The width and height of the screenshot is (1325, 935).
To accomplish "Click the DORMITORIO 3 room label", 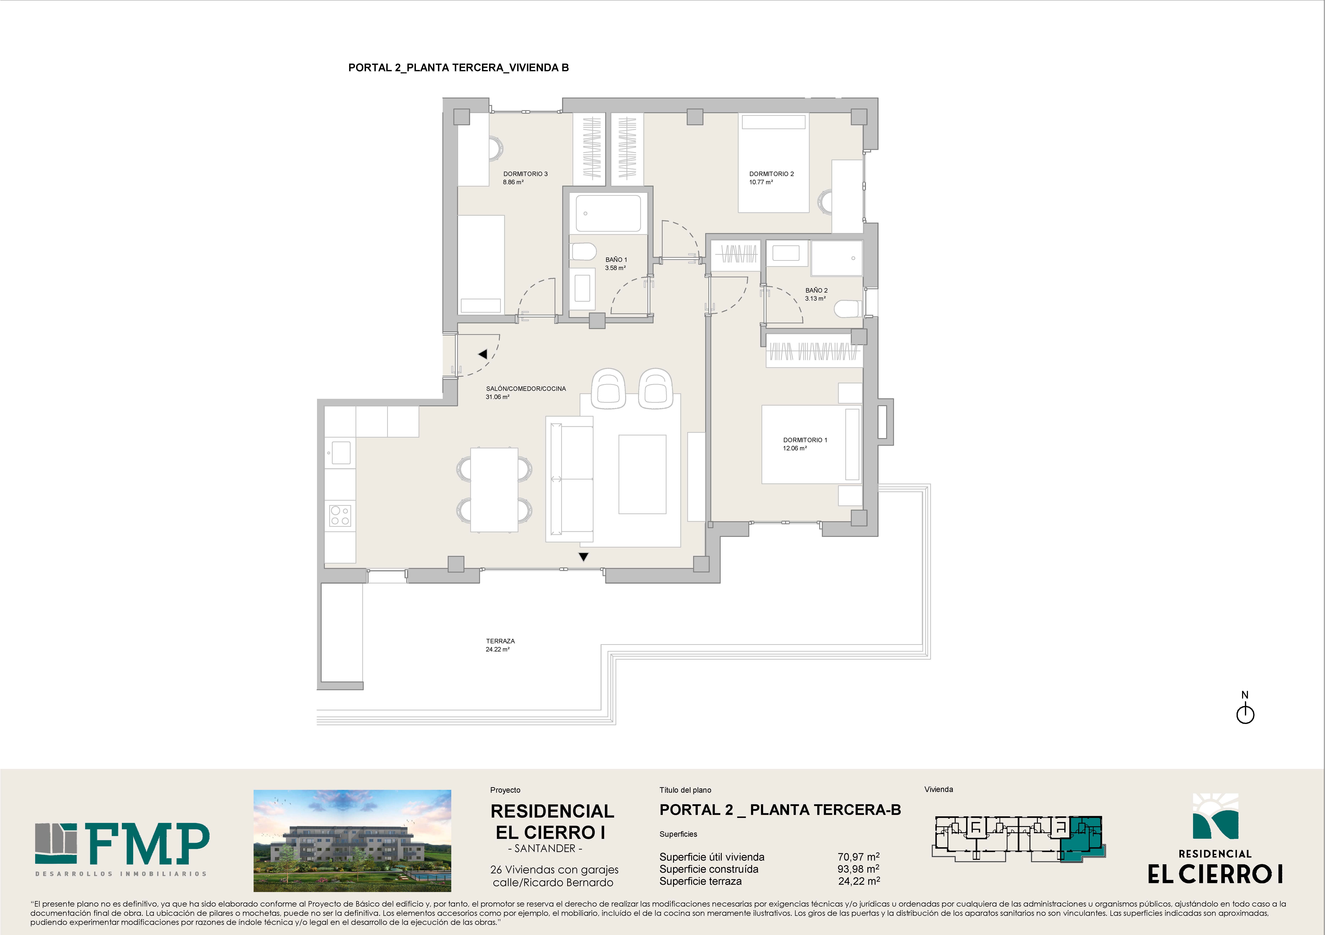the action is (x=525, y=174).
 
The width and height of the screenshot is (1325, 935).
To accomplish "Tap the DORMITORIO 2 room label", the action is (x=772, y=174).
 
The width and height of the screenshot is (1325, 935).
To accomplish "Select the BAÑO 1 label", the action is (x=616, y=260).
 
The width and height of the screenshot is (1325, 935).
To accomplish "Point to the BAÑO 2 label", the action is (x=816, y=290).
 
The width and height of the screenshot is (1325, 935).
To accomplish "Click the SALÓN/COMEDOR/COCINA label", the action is (x=526, y=388).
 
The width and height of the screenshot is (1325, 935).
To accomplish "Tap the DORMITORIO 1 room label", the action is (x=805, y=440).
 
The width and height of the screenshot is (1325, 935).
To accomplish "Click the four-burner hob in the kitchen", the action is (x=340, y=515).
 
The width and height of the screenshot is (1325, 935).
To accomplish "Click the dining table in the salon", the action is (x=494, y=489).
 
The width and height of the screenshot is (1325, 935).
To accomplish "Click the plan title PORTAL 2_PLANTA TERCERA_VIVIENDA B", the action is (x=458, y=68).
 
